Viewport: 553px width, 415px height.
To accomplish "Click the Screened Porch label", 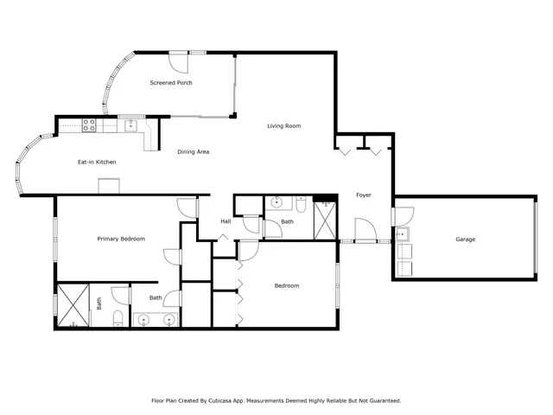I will [170, 83].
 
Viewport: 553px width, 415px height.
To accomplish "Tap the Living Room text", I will [283, 126].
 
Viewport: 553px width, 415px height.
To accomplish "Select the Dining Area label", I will [194, 152].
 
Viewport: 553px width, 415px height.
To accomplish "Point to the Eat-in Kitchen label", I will [97, 162].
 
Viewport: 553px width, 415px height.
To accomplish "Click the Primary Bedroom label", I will [121, 239].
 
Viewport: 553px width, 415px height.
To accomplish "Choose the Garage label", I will [466, 239].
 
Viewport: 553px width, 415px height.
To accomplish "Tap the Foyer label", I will [364, 195].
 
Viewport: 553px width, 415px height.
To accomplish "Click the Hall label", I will [226, 221].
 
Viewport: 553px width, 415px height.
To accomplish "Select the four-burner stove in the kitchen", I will [89, 124].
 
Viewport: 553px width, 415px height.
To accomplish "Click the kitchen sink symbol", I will [130, 124].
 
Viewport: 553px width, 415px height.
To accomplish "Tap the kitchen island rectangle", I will [110, 186].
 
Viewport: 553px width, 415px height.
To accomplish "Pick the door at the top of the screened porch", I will [177, 61].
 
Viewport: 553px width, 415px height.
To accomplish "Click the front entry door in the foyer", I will [365, 230].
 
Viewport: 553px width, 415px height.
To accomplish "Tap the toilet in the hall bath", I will [300, 205].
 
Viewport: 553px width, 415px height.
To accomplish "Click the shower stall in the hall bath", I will [325, 220].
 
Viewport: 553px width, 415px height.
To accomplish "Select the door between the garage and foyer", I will [394, 216].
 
